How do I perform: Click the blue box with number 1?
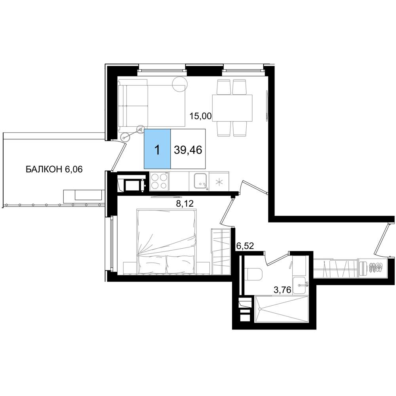click(157, 149)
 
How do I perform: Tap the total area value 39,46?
click(188, 150)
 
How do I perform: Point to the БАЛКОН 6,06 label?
click(54, 169)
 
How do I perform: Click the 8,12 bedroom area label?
click(185, 204)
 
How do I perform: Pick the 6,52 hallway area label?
click(245, 246)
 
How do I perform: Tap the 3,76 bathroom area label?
click(283, 290)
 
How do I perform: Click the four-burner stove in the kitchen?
click(159, 181)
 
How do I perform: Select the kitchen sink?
click(201, 181)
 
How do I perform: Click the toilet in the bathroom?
click(254, 274)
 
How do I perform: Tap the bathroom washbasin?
click(300, 285)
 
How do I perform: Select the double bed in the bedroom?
click(166, 241)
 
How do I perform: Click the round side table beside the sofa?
click(180, 84)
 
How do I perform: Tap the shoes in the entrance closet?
click(376, 267)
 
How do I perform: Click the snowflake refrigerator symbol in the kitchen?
click(219, 181)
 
